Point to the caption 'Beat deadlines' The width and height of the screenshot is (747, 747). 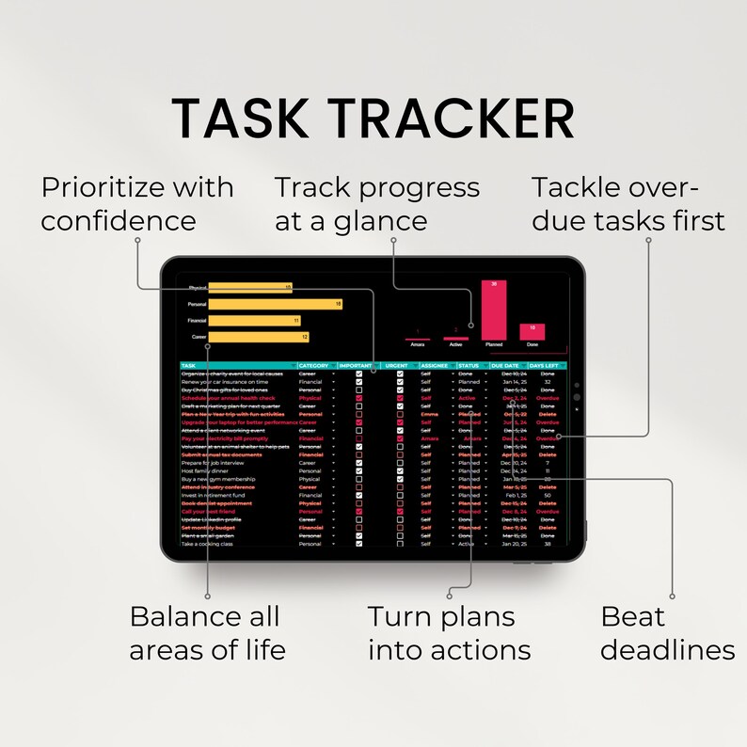click(667, 633)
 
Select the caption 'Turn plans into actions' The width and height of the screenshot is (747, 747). click(449, 633)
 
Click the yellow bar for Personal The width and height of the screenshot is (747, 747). click(275, 304)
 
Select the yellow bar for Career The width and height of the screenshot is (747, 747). click(258, 336)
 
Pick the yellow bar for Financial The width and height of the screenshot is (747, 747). click(254, 320)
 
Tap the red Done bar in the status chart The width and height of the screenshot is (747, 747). click(532, 331)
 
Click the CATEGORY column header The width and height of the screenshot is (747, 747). click(314, 365)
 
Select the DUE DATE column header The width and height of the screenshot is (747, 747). click(504, 365)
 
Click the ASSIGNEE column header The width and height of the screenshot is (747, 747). click(434, 365)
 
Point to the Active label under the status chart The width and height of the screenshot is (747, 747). click(455, 344)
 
